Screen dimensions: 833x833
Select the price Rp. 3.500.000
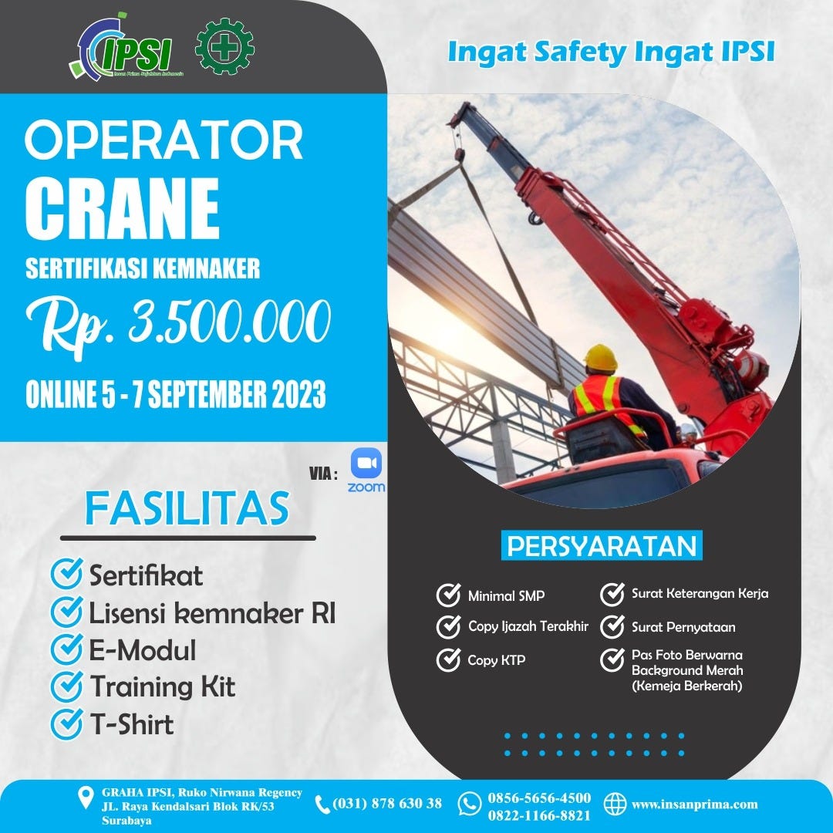tap(177, 322)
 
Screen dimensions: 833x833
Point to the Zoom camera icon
tap(366, 464)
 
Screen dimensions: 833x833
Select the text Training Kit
tap(163, 686)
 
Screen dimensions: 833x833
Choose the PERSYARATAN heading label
tap(602, 546)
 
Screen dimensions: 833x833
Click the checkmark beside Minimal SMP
tap(448, 595)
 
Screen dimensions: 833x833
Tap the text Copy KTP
tap(496, 660)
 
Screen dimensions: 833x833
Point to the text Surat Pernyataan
tap(683, 627)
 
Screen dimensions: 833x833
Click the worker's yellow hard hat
tap(600, 358)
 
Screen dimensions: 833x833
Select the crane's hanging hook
tap(533, 219)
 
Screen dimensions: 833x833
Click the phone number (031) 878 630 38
tap(387, 804)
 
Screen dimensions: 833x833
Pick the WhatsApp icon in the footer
tap(469, 804)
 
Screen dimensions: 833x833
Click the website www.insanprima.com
tap(694, 804)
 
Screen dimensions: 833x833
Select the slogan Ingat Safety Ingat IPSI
tap(611, 52)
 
